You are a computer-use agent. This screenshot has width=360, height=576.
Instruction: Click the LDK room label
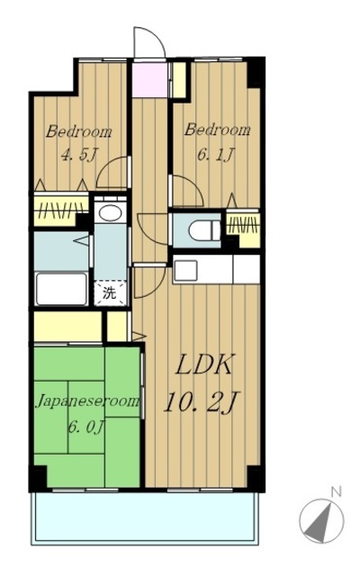pyautogui.click(x=204, y=365)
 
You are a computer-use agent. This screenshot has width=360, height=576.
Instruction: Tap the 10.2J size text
pyautogui.click(x=202, y=402)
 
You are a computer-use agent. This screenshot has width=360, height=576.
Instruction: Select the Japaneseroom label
pyautogui.click(x=87, y=401)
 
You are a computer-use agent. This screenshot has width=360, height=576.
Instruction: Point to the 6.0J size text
pyautogui.click(x=85, y=427)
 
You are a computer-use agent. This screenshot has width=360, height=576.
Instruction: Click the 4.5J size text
pyautogui.click(x=79, y=155)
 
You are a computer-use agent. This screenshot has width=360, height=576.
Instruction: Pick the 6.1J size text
pyautogui.click(x=216, y=155)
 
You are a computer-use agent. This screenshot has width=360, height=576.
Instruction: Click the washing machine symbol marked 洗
pyautogui.click(x=110, y=292)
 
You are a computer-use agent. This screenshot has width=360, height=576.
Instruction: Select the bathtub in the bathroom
pyautogui.click(x=62, y=289)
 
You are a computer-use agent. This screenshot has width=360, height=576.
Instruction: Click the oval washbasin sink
pyautogui.click(x=110, y=212)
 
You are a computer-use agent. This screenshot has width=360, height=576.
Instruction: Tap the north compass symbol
pyautogui.click(x=322, y=521)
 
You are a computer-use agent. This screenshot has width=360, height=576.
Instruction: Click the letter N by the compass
pyautogui.click(x=336, y=491)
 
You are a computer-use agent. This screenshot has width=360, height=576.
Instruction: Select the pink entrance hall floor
pyautogui.click(x=150, y=80)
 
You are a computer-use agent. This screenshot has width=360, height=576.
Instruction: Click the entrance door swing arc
pyautogui.click(x=149, y=36)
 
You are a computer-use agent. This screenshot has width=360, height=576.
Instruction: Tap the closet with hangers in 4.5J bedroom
pyautogui.click(x=61, y=210)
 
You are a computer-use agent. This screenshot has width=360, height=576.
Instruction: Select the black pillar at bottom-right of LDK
pyautogui.click(x=256, y=478)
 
